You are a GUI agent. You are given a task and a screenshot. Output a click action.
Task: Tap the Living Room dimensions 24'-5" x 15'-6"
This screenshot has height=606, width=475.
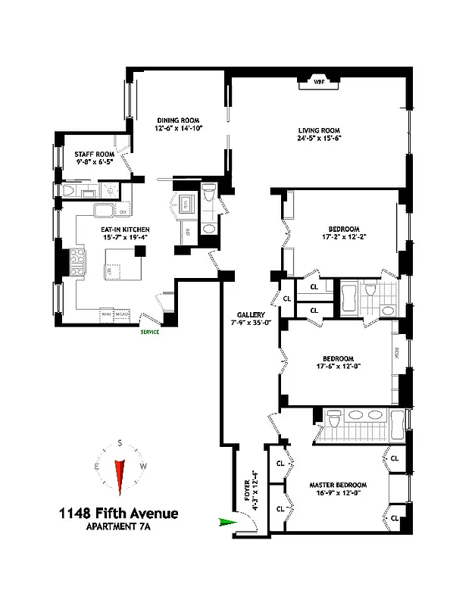click(x=320, y=139)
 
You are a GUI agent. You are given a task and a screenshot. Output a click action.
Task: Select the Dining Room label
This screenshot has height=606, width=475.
click(x=177, y=120)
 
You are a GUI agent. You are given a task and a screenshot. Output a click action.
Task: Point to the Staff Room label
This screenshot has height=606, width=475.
click(x=94, y=154)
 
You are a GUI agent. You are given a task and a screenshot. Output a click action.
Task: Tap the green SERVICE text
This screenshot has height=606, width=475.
click(x=148, y=331)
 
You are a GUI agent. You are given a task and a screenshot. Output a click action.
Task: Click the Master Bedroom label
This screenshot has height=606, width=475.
click(x=338, y=485)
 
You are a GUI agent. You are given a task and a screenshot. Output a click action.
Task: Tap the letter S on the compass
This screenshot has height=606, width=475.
click(x=119, y=444)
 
